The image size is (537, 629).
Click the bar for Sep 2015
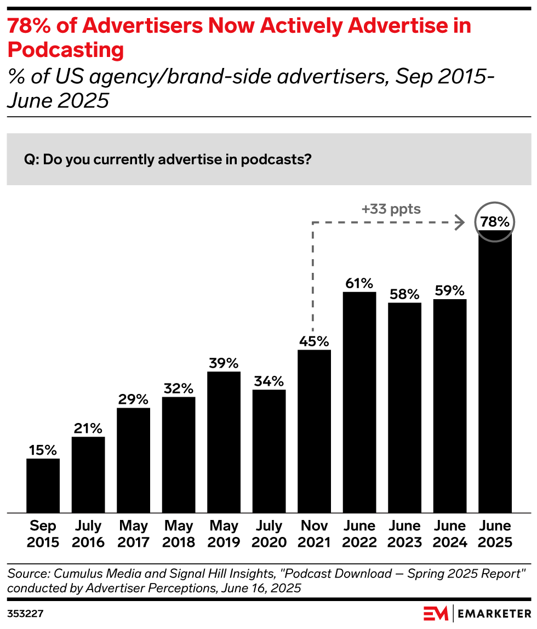tap(43, 485)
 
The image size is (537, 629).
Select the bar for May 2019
tap(224, 442)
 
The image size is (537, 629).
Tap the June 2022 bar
tap(359, 402)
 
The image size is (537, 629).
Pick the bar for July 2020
tap(269, 451)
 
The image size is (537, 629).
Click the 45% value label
tap(314, 341)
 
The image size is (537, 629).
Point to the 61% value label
tap(359, 284)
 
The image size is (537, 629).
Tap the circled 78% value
tap(495, 222)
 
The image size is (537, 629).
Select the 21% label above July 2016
tap(88, 428)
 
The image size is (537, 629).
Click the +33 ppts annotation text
tap(391, 209)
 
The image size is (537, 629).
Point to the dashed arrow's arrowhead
tap(460, 222)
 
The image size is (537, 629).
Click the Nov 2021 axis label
tap(314, 534)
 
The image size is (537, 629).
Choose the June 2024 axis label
tap(450, 534)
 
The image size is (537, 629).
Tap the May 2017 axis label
tap(133, 534)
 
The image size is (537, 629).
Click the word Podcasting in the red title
tap(66, 50)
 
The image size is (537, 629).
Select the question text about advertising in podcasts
tap(168, 159)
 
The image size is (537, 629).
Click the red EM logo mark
tap(436, 613)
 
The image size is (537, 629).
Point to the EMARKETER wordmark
tap(494, 614)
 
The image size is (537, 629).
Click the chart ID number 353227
tap(25, 614)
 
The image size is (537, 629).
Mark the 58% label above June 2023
tap(404, 294)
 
